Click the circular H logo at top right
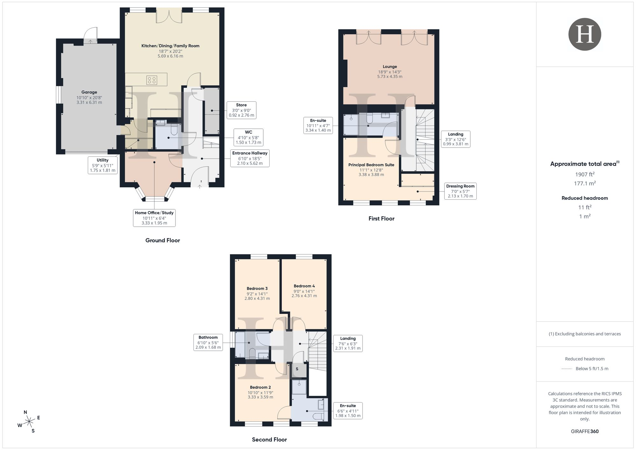pos(584,34)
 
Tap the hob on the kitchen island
pos(152,80)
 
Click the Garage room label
pos(89,92)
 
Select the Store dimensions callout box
pos(241,110)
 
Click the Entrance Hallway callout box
pos(250,158)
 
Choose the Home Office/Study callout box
pos(154,218)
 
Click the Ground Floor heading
pos(162,240)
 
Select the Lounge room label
pos(390,67)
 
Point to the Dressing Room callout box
pos(460,191)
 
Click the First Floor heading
pos(381,218)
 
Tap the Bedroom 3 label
pos(257,289)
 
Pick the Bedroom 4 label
pos(304,286)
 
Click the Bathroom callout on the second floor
pos(208,342)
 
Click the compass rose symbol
pos(29,422)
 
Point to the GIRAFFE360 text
pos(584,432)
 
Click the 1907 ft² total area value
pos(584,174)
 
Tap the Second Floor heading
pos(269,440)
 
